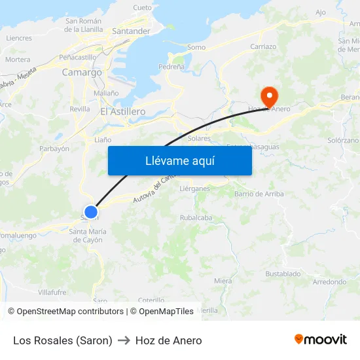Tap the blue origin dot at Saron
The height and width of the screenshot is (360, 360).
(91, 212)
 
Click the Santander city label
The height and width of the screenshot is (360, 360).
(131, 31)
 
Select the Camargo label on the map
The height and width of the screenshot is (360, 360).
(82, 73)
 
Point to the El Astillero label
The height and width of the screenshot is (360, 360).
(122, 112)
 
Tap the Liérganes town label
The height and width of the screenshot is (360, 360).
(194, 189)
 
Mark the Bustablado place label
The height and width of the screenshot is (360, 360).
(283, 274)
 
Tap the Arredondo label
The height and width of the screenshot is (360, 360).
(329, 282)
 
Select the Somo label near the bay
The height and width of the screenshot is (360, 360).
(196, 47)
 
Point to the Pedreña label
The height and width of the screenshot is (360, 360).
(171, 67)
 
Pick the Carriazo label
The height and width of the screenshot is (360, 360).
(263, 47)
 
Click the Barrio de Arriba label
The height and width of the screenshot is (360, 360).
(259, 194)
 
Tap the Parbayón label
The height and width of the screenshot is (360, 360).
(54, 149)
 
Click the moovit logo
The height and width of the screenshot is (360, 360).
(321, 340)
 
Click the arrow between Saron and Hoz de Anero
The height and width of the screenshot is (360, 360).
(124, 341)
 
